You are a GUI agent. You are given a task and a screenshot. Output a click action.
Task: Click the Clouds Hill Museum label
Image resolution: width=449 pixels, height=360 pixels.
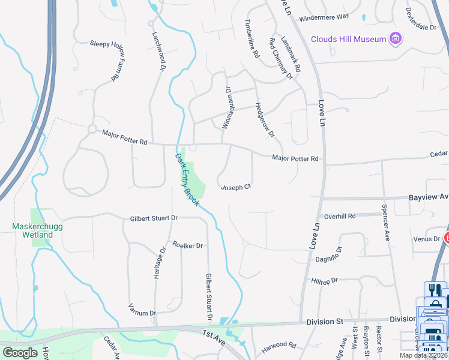(x=348, y=40)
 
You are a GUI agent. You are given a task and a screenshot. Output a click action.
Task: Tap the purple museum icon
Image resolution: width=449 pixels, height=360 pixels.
(x=395, y=40)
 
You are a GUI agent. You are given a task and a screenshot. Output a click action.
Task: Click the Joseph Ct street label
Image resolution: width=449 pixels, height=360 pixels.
(x=235, y=188)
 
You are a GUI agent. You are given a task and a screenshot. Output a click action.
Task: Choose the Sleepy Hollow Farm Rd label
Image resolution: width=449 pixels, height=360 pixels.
(x=106, y=60)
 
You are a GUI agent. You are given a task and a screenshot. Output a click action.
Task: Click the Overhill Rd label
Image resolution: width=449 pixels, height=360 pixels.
(x=340, y=216)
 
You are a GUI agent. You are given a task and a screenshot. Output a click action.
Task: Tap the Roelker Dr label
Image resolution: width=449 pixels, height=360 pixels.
(x=188, y=245)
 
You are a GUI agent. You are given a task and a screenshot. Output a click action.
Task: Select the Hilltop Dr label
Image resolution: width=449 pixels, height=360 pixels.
(x=325, y=280)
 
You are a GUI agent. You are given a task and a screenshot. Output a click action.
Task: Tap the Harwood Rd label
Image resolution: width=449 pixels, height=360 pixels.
(x=279, y=346)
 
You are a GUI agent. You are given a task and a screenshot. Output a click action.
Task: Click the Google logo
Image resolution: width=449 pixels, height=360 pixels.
(x=20, y=353)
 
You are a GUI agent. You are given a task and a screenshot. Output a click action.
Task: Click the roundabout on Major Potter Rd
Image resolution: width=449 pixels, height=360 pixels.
(x=92, y=128)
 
